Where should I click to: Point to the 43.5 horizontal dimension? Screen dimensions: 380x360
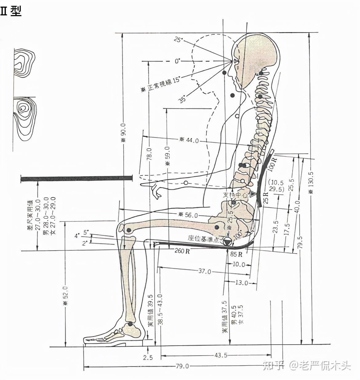[x=221, y=355]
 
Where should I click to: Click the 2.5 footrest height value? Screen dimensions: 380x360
[x=148, y=357]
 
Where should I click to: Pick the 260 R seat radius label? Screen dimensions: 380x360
[x=182, y=251]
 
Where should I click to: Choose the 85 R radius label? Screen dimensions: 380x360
[x=236, y=254]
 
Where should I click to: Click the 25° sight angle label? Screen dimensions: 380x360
[x=178, y=40]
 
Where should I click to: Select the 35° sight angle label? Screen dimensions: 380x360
[x=183, y=99]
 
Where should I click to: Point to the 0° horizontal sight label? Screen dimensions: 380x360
[x=177, y=61]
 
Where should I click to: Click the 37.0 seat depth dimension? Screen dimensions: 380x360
[x=205, y=271]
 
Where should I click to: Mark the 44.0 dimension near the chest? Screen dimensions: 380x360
[x=192, y=141]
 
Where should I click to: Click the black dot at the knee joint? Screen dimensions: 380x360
[x=129, y=230]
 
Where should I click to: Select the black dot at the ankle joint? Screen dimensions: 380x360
[x=130, y=324]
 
